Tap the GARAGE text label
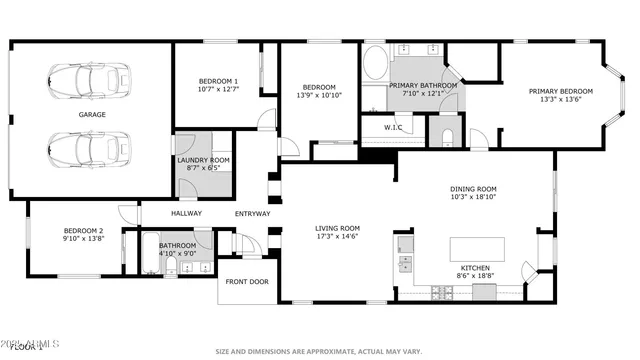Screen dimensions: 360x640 (93, 114)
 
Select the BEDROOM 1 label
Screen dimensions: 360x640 (218, 81)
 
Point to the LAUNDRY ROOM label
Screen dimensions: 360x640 (204, 160)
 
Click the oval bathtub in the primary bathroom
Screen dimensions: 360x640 (376, 64)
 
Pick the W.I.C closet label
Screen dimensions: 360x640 (393, 128)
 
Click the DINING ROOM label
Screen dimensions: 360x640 (473, 189)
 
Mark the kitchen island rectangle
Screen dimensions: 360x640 (477, 249)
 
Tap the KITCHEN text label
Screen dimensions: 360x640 (474, 268)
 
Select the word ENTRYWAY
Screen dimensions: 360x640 (253, 213)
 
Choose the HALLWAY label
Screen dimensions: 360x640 (186, 213)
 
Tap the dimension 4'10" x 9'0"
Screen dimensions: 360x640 (177, 254)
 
